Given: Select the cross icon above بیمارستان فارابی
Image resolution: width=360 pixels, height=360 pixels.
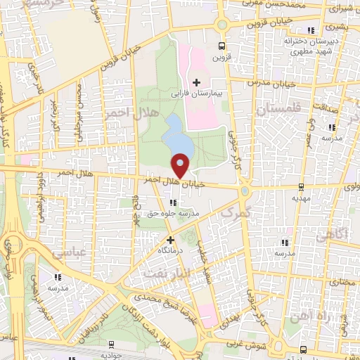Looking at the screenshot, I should [x=197, y=83].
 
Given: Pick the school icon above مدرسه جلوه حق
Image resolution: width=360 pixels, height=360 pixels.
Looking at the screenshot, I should [x=173, y=202].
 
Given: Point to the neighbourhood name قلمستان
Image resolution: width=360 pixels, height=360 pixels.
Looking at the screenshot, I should [x=278, y=110].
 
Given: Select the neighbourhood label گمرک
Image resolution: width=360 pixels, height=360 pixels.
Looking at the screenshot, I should [x=235, y=212].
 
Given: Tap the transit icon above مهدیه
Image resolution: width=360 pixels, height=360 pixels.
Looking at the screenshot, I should [x=301, y=187].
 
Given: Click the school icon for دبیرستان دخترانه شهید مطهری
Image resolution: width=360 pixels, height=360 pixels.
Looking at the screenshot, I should [x=311, y=30].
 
